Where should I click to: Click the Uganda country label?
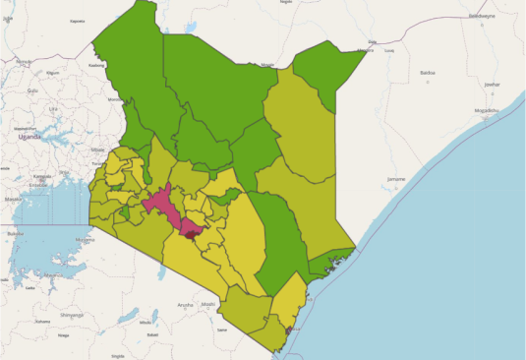coord(29,137)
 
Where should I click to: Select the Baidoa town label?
coord(427,72)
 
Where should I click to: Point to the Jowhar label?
coord(492,85)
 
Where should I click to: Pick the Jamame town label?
coord(396,178)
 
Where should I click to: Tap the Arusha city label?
coord(185,305)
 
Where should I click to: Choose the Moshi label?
coord(208,304)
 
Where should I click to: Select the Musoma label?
coord(85,239)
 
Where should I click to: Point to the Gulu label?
coord(32,90)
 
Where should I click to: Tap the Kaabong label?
coord(96,65)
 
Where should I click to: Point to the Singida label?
coord(118,354)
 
